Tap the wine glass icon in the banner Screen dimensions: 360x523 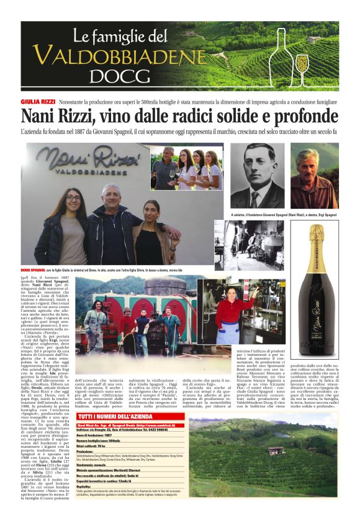coord(302,64)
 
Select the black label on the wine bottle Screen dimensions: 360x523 coord(316,324)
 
